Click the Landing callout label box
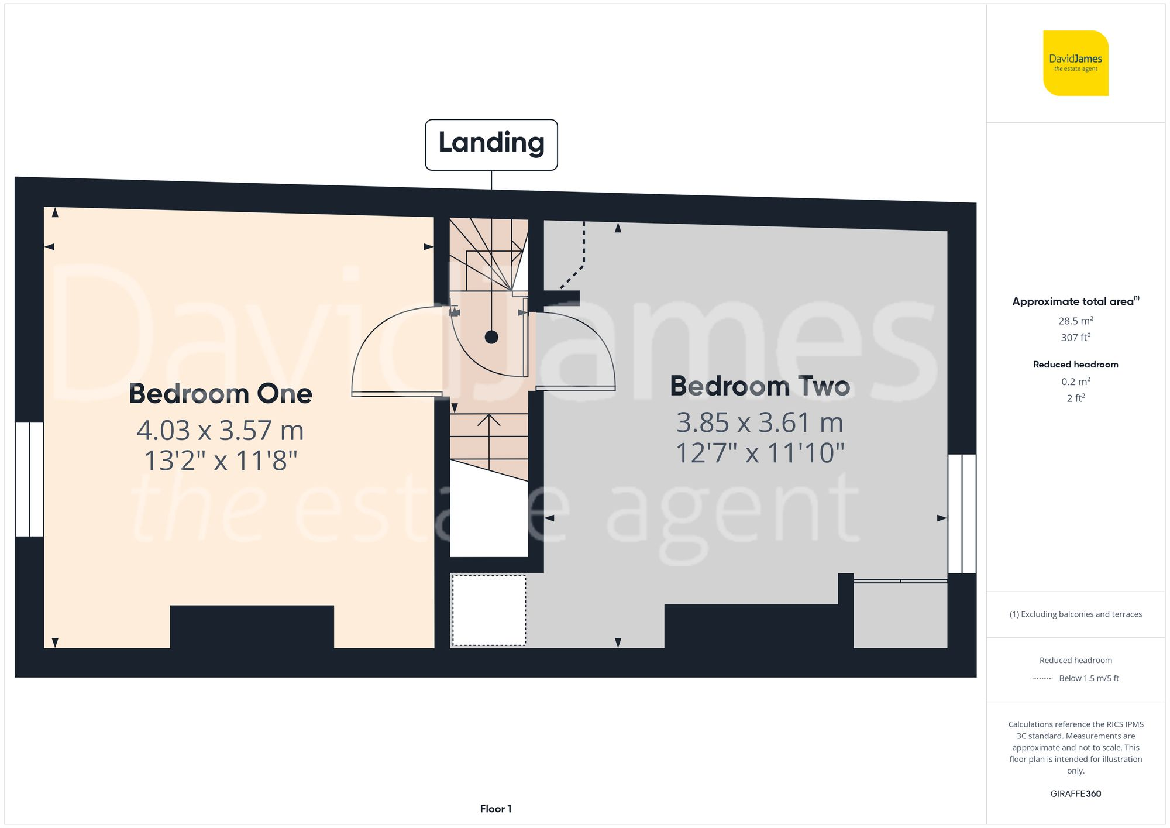point(491,145)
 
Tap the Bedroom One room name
point(221,394)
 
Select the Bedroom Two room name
point(759,386)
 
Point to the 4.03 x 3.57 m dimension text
point(221,431)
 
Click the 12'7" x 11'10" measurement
point(759,453)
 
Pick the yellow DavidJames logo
point(1075,63)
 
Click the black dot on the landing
point(491,337)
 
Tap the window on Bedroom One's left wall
point(29,479)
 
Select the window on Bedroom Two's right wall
point(962,514)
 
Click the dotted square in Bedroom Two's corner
point(488,610)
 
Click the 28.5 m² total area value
point(1075,321)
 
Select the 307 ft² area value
point(1075,338)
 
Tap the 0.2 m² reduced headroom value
point(1075,382)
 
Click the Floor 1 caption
point(495,809)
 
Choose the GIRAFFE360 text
point(1075,794)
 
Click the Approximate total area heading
point(1075,301)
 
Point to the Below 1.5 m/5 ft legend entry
point(1088,678)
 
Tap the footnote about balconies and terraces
point(1075,614)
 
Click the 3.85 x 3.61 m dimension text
point(759,422)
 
